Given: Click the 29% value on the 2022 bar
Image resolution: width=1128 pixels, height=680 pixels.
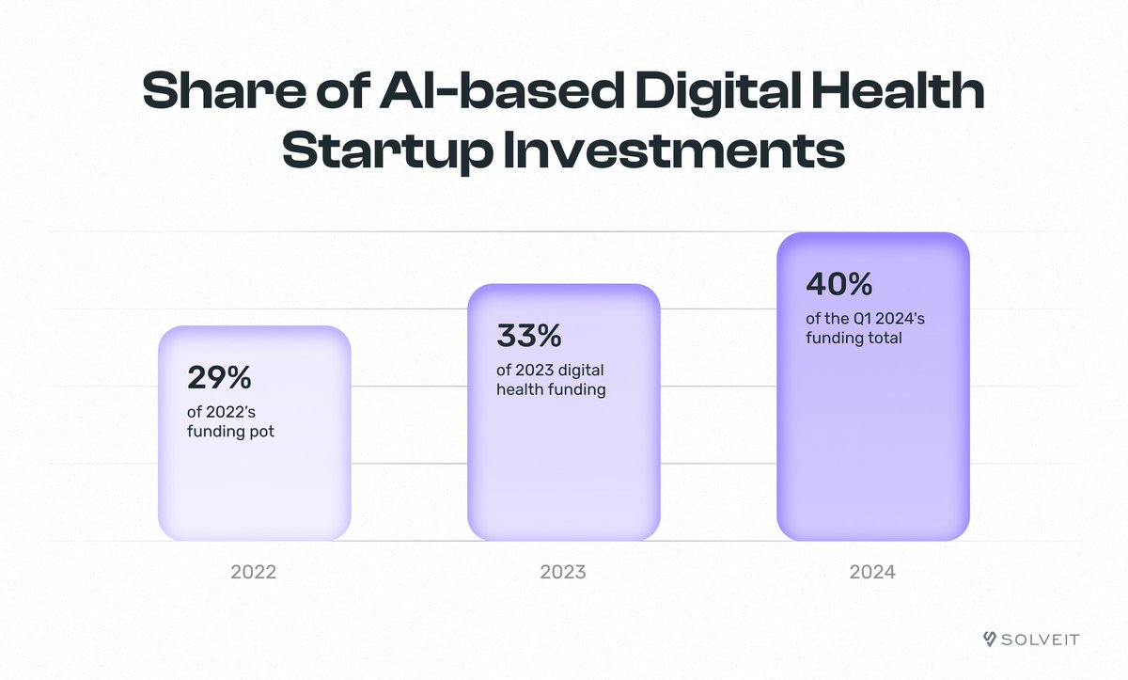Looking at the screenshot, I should (219, 378).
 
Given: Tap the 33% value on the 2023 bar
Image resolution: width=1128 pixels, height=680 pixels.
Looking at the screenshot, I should (527, 335).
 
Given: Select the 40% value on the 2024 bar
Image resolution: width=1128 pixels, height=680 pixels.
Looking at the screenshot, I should (839, 283).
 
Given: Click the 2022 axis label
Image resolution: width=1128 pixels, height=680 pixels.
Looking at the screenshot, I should (253, 572).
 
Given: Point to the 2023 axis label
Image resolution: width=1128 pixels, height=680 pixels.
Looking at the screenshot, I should (562, 572).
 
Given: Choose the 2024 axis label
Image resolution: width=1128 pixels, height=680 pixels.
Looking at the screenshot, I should (873, 572).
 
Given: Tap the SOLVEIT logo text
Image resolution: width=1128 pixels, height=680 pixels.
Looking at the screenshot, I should (1042, 640).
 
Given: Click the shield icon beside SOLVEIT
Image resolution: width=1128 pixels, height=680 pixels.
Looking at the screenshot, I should (989, 640).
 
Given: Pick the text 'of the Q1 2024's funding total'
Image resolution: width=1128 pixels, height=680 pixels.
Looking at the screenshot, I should (865, 327).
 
